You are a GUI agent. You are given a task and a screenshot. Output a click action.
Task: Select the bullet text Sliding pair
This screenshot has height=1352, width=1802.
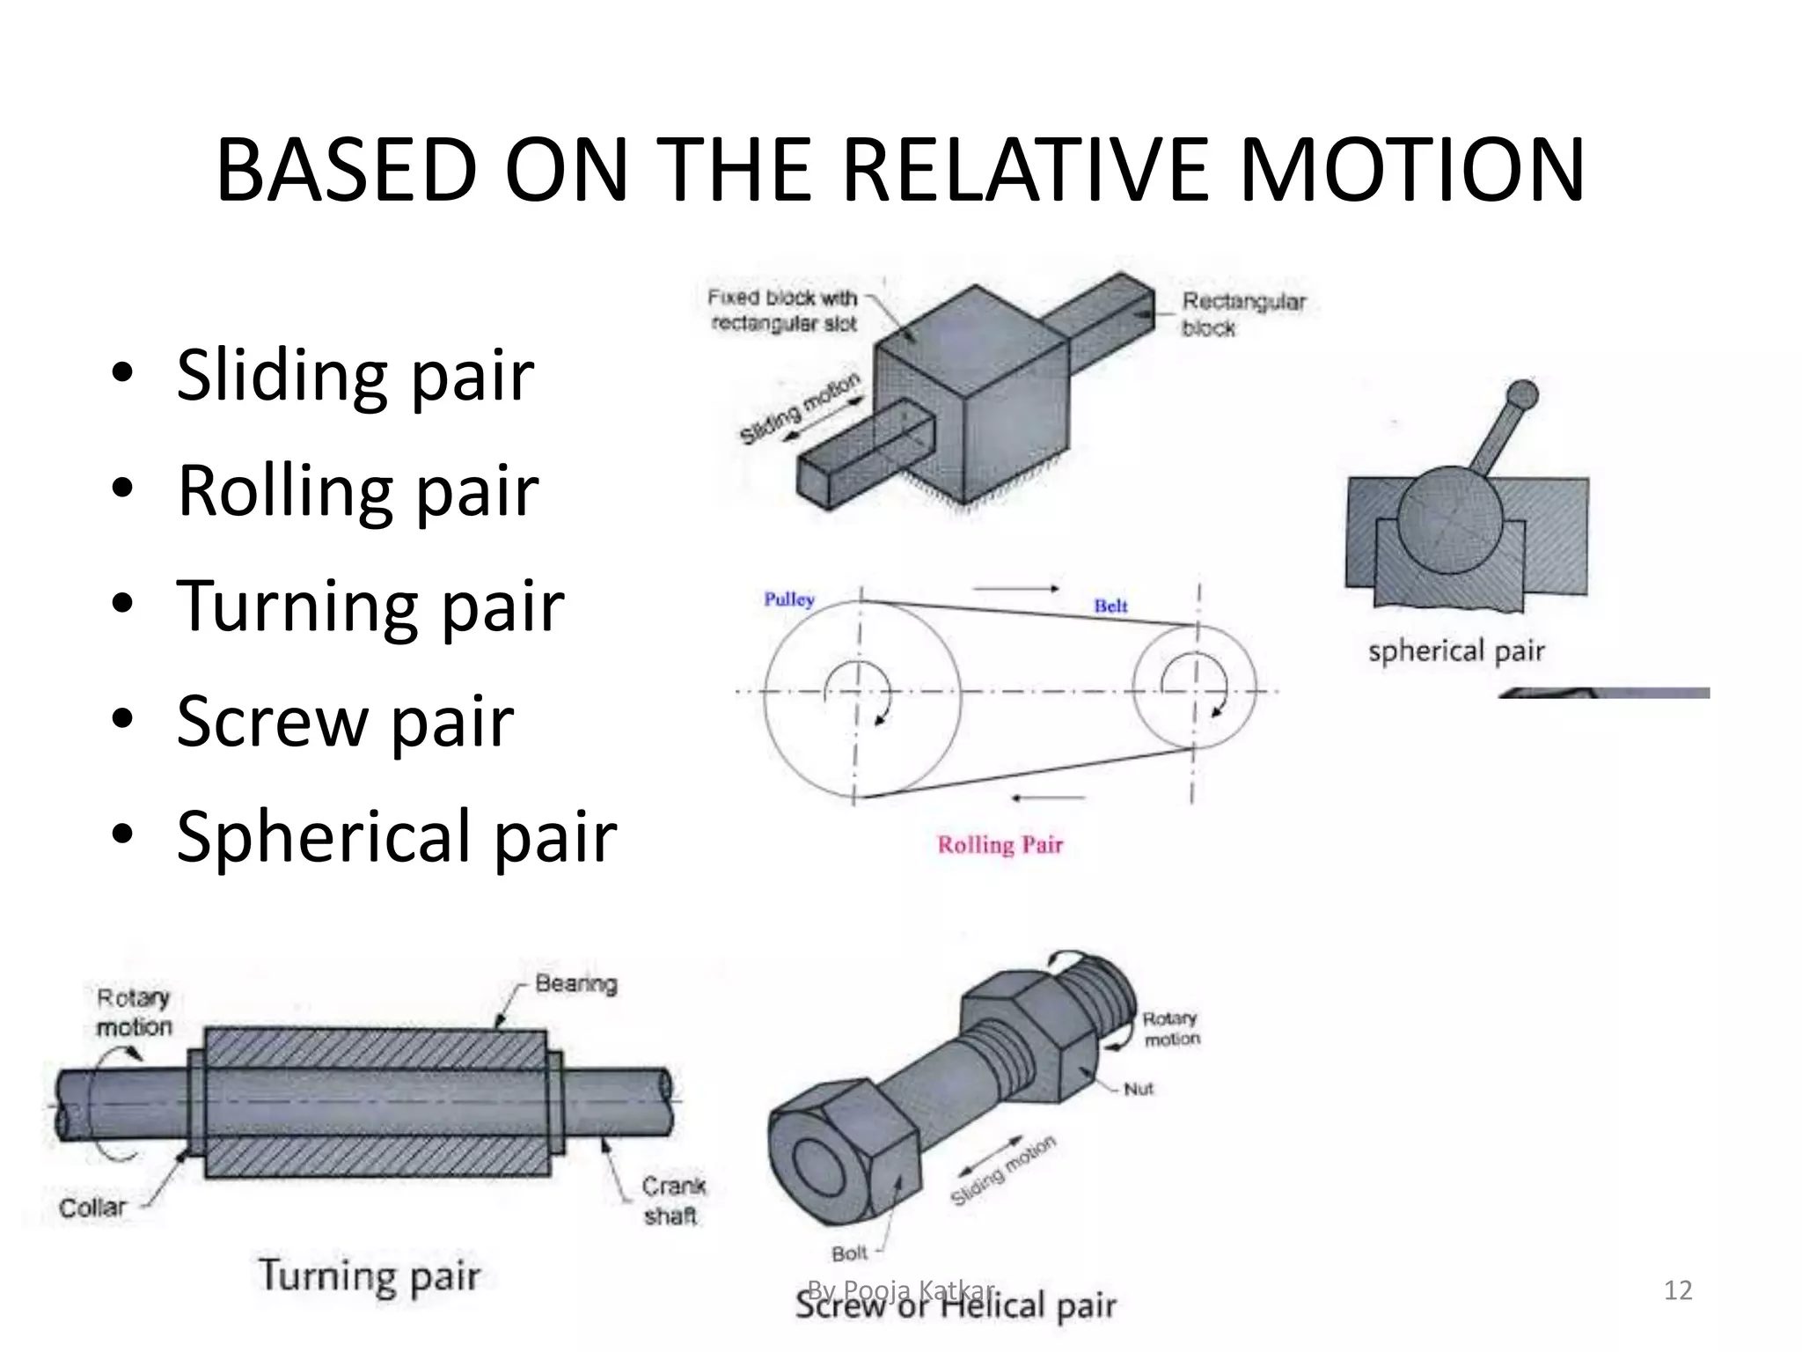tap(354, 375)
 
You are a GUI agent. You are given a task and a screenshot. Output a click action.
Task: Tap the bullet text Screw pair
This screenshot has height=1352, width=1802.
tap(344, 721)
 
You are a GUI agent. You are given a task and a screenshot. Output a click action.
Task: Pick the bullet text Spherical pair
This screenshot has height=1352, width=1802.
tap(396, 836)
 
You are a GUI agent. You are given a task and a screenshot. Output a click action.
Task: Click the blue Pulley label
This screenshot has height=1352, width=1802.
tap(788, 599)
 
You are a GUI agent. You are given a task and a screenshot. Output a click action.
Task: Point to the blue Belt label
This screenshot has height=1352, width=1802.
tap(1110, 606)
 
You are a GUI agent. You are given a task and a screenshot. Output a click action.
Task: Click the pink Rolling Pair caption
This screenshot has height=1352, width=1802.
tap(1000, 845)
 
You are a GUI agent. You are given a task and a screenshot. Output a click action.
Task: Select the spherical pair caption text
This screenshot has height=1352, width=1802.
tap(1456, 651)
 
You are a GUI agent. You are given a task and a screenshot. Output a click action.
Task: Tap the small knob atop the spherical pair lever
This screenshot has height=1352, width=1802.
tap(1522, 394)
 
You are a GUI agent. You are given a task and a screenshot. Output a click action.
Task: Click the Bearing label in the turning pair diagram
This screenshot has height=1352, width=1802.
tap(576, 983)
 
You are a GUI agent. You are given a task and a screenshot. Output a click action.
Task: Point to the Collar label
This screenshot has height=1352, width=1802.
tap(92, 1208)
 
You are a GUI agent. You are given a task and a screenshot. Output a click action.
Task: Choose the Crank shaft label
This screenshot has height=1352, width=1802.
tap(672, 1201)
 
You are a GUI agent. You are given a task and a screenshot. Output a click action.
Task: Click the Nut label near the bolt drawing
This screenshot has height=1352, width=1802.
tap(1138, 1089)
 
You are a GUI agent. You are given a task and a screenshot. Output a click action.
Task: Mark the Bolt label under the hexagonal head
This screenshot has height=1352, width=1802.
tap(849, 1253)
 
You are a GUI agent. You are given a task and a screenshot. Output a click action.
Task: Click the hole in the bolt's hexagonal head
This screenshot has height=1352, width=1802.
tap(818, 1165)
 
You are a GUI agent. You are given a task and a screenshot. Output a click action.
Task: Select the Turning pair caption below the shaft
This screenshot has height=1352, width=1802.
tap(370, 1276)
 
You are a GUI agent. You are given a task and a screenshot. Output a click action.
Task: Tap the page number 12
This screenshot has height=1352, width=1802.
tap(1677, 1290)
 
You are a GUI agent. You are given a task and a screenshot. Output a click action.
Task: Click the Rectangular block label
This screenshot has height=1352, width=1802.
tap(1242, 314)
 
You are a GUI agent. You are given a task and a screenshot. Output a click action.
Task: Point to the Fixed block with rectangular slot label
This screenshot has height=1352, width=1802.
tap(783, 311)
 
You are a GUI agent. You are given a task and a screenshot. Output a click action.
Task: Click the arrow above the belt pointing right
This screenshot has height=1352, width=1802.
tap(1016, 588)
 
